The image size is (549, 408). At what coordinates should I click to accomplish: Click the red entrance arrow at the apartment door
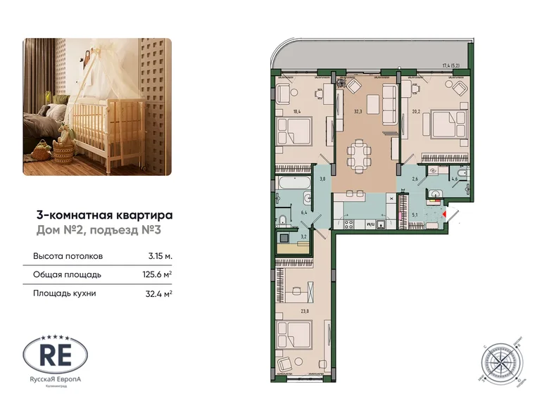445,212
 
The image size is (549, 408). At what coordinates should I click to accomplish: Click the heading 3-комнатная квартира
104,216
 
